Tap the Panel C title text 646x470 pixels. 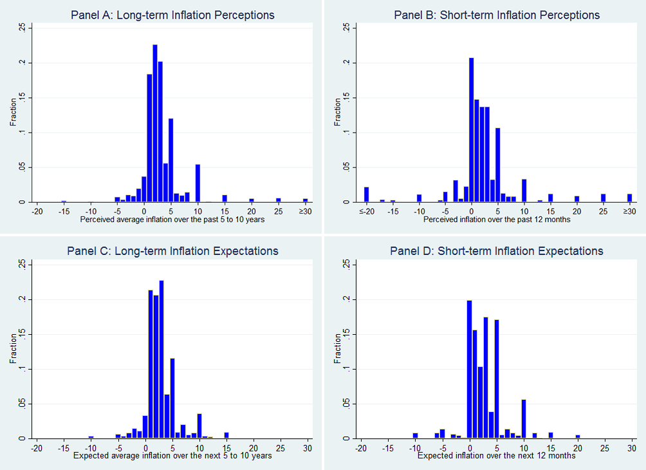pyautogui.click(x=172, y=251)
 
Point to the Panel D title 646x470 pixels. pyautogui.click(x=497, y=251)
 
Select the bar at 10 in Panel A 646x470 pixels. pyautogui.click(x=198, y=183)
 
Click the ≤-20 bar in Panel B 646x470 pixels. pyautogui.click(x=367, y=194)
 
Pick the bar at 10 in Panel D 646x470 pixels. pyautogui.click(x=524, y=419)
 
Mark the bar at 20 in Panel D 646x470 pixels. pyautogui.click(x=578, y=437)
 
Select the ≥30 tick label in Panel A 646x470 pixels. pyautogui.click(x=306, y=211)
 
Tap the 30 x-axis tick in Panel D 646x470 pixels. pyautogui.click(x=631, y=447)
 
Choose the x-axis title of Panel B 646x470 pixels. pyautogui.click(x=497, y=220)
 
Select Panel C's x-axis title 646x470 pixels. pyautogui.click(x=172, y=456)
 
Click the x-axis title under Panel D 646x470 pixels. pyautogui.click(x=497, y=456)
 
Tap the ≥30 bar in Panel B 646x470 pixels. pyautogui.click(x=630, y=198)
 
